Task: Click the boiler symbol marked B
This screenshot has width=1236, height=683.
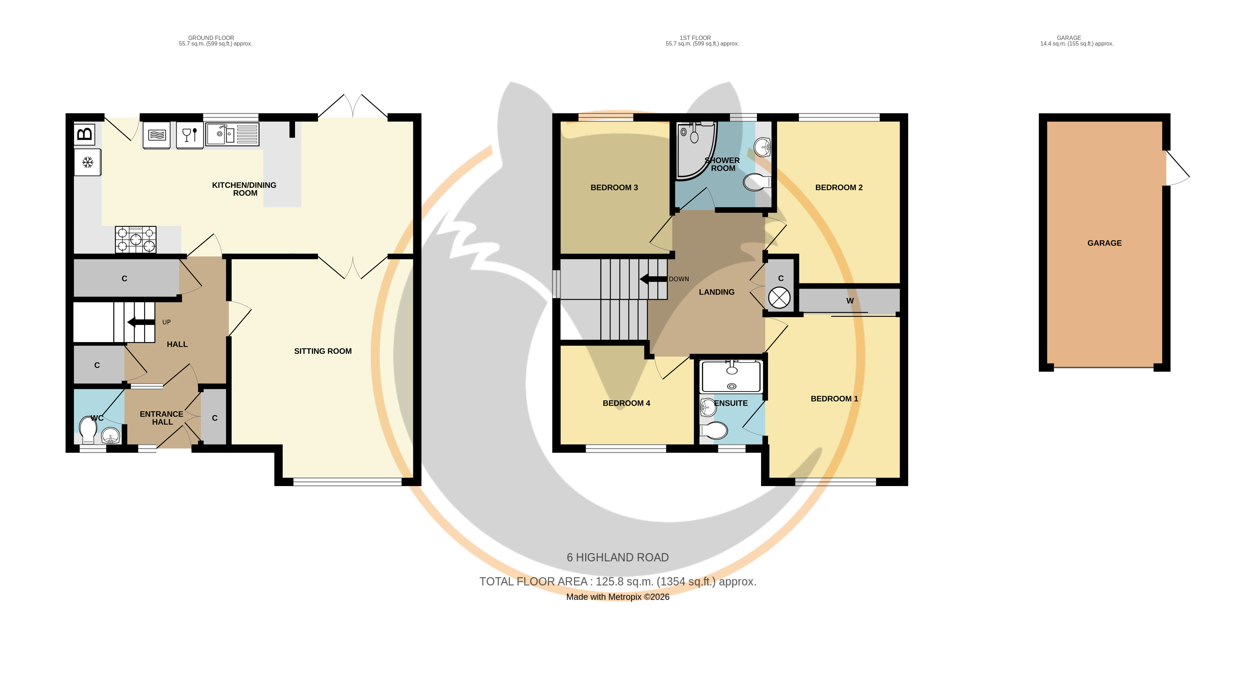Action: (x=85, y=134)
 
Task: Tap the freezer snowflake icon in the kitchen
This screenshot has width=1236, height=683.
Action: (x=87, y=162)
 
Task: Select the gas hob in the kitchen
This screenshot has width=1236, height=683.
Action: (x=136, y=239)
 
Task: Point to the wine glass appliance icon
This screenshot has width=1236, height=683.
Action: (x=190, y=135)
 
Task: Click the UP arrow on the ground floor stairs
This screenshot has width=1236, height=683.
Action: (x=141, y=322)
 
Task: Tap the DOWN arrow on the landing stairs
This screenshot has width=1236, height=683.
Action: (x=653, y=279)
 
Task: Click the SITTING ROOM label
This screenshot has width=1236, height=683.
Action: (x=323, y=351)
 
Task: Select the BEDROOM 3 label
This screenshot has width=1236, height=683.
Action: (x=614, y=187)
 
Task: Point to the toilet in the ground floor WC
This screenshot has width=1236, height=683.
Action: (x=88, y=430)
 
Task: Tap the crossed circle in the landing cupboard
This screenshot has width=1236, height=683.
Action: (x=779, y=298)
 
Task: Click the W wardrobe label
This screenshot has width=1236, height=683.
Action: (x=850, y=301)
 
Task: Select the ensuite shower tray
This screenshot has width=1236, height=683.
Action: (x=731, y=377)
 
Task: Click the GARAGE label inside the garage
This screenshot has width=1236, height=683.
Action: (x=1104, y=243)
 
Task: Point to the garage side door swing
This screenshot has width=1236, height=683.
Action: (x=1178, y=168)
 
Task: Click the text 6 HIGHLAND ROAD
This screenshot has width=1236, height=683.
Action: (x=617, y=557)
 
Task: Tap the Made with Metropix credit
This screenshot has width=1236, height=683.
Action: (x=617, y=597)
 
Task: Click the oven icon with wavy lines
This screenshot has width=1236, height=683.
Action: (x=157, y=135)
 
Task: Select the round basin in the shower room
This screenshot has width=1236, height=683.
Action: (x=762, y=146)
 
